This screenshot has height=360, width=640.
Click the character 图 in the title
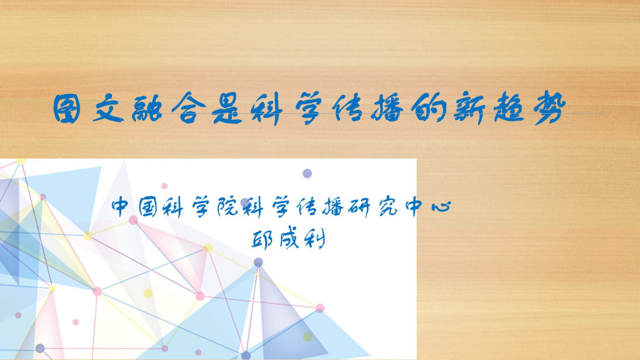tap(67, 109)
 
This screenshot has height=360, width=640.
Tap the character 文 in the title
tap(108, 108)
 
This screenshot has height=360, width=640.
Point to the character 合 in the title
tap(189, 108)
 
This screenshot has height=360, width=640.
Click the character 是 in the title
tap(227, 108)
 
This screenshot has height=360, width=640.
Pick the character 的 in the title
tap(429, 108)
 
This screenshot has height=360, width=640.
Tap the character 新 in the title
tap(469, 108)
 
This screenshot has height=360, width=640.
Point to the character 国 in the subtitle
tap(148, 207)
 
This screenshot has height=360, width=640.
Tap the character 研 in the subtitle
tap(359, 207)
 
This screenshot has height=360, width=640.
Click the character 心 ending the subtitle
tap(441, 206)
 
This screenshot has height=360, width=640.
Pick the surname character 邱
tap(262, 239)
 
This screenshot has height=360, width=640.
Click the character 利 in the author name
tap(314, 239)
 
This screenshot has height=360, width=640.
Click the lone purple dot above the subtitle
tap(307, 173)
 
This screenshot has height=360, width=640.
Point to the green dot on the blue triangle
tap(308, 337)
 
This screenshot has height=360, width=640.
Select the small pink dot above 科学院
tap(164, 186)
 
